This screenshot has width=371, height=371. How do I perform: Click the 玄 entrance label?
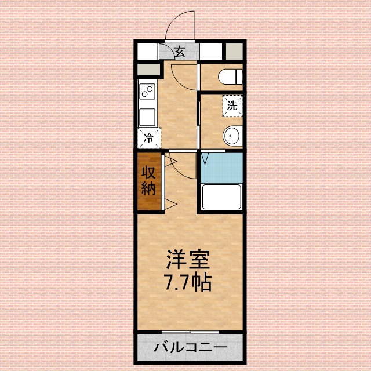click(179, 52)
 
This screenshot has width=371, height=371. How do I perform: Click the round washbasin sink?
click(231, 136)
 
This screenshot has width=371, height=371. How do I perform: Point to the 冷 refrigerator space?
click(149, 138)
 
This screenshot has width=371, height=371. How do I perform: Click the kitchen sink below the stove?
click(147, 116)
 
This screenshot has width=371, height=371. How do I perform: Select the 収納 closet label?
click(148, 181)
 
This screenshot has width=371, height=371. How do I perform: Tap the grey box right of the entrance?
click(235, 52)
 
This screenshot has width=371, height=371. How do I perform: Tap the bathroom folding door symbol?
click(205, 158)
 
